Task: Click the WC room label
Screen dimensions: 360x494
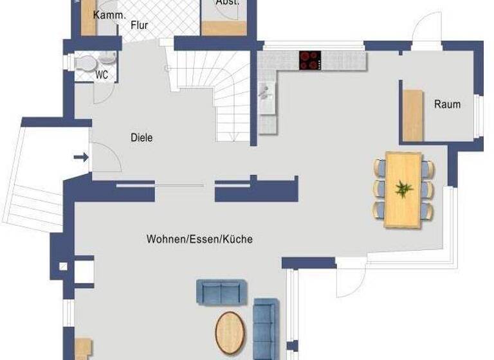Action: pyautogui.click(x=102, y=74)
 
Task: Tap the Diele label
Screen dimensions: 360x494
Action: pyautogui.click(x=142, y=137)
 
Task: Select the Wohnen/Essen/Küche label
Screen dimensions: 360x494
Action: pyautogui.click(x=199, y=239)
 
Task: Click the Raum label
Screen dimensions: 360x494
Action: pyautogui.click(x=447, y=104)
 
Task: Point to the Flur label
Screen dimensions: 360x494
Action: pyautogui.click(x=139, y=26)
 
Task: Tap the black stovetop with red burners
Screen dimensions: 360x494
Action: pyautogui.click(x=310, y=60)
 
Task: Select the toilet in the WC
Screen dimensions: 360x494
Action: pyautogui.click(x=84, y=62)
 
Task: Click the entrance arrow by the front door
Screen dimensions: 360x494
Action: pyautogui.click(x=82, y=156)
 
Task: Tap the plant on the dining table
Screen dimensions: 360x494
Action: pyautogui.click(x=404, y=189)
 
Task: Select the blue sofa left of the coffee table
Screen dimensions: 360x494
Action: pyautogui.click(x=221, y=292)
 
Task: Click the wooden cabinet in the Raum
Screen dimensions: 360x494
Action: pyautogui.click(x=413, y=115)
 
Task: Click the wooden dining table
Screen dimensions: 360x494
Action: pyautogui.click(x=403, y=190)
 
